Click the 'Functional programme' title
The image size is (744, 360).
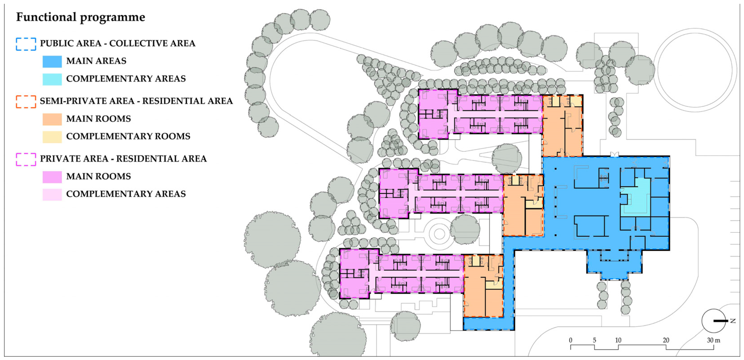tap(81, 17)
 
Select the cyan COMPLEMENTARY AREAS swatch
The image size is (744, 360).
tap(52, 79)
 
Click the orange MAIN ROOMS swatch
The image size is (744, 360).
tap(52, 119)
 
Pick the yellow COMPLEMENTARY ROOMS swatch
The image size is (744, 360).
tap(52, 137)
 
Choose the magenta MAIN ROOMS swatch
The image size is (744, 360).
tap(52, 177)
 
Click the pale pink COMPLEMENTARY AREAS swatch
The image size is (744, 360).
tap(52, 194)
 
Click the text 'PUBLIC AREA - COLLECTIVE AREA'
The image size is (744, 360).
tap(118, 43)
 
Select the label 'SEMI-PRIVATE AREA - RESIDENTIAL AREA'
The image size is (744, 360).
tap(136, 101)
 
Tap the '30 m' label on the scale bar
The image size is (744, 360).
tap(713, 340)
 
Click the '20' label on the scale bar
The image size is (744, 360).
tap(666, 340)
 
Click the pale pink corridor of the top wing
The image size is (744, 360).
tap(491, 114)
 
